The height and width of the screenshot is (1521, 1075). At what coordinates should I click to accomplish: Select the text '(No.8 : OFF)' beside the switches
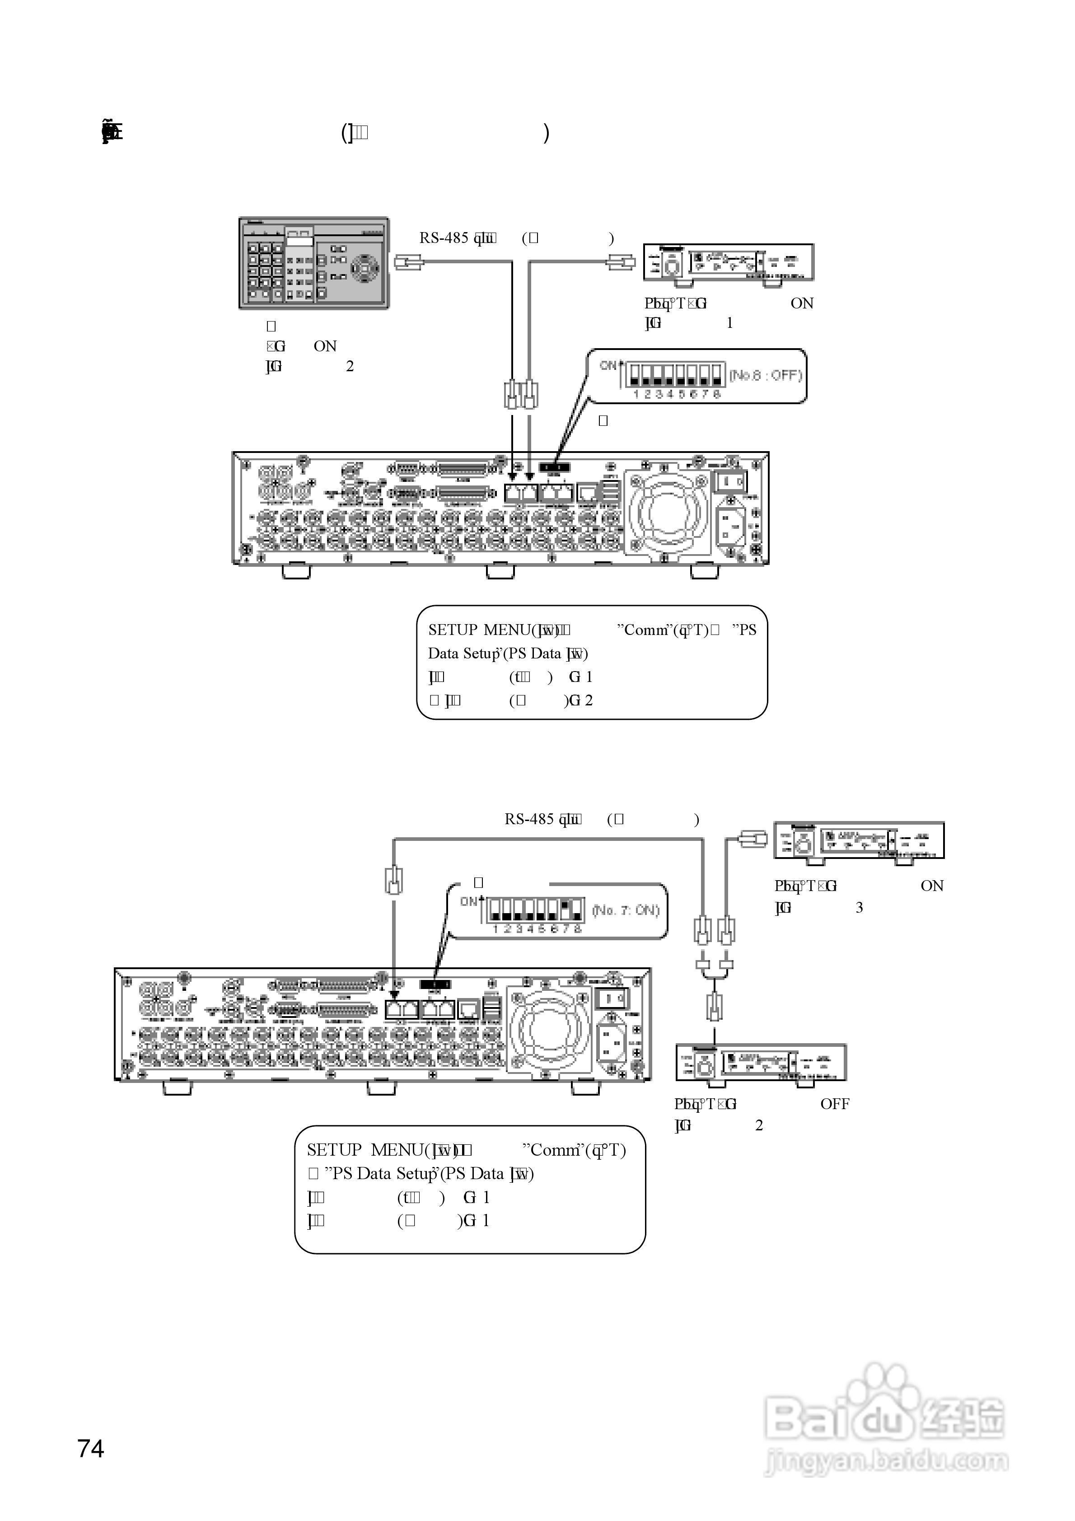pyautogui.click(x=766, y=376)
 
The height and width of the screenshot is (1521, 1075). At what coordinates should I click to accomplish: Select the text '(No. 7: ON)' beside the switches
pyautogui.click(x=626, y=910)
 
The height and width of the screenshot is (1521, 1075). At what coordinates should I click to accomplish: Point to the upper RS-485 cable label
pyautogui.click(x=457, y=238)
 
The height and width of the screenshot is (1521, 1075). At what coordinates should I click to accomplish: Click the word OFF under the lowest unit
pyautogui.click(x=834, y=1104)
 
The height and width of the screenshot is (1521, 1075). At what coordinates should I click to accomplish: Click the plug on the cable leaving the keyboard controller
pyautogui.click(x=408, y=262)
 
